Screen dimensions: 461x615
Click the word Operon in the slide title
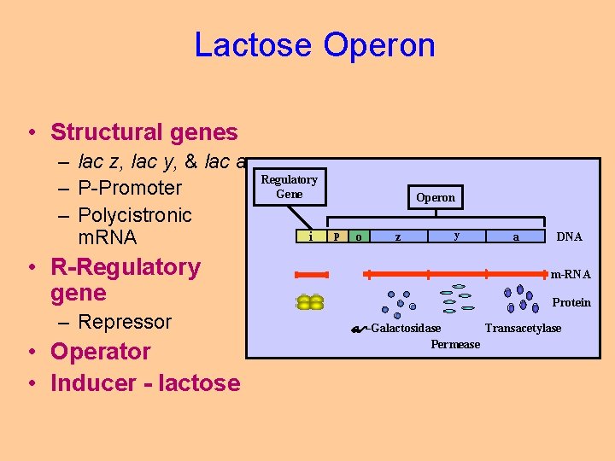(x=378, y=44)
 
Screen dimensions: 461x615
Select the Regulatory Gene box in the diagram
(x=289, y=186)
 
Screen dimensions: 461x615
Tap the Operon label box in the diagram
(x=436, y=197)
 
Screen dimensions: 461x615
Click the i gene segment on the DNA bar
(x=310, y=236)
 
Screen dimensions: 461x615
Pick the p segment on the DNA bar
(x=337, y=236)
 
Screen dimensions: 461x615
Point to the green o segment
(x=358, y=236)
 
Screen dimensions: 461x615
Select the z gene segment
(x=398, y=236)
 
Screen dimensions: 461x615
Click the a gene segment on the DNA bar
(x=515, y=236)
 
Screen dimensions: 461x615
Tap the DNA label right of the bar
(x=569, y=236)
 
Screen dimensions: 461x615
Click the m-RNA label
(x=570, y=274)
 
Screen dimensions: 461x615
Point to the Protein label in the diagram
(x=571, y=302)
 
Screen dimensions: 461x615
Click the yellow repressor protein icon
(x=310, y=302)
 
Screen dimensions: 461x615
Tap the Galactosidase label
(x=404, y=329)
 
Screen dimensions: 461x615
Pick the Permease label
(x=455, y=344)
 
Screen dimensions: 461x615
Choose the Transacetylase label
(x=523, y=329)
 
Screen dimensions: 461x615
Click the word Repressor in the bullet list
(x=125, y=322)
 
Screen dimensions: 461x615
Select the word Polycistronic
(x=135, y=214)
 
